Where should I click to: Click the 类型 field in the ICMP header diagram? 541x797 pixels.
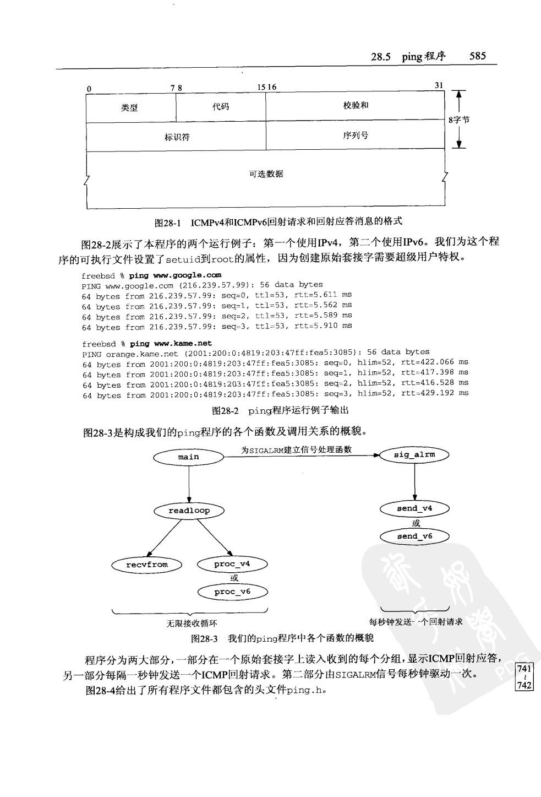(x=129, y=108)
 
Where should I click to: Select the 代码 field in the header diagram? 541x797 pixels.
(x=221, y=107)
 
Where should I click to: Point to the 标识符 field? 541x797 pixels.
(x=177, y=137)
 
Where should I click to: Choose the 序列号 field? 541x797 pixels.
(x=356, y=135)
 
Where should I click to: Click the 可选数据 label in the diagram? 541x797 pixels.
(x=266, y=174)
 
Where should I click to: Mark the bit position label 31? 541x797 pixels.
(x=439, y=85)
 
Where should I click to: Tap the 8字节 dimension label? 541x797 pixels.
(x=459, y=120)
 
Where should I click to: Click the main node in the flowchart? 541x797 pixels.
(x=188, y=457)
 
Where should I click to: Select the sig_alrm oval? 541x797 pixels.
(x=414, y=455)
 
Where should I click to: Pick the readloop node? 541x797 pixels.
(x=189, y=511)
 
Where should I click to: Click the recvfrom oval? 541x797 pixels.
(x=147, y=565)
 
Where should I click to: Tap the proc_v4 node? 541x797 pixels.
(x=232, y=564)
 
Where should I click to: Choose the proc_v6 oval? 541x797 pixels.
(x=232, y=592)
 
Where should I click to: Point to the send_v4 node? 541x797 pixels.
(x=414, y=509)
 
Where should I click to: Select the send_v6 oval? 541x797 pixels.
(x=414, y=536)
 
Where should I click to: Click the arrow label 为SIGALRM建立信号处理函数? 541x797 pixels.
(x=296, y=449)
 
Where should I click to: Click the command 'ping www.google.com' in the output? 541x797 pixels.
(x=175, y=275)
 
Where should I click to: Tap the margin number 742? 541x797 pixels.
(x=524, y=686)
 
